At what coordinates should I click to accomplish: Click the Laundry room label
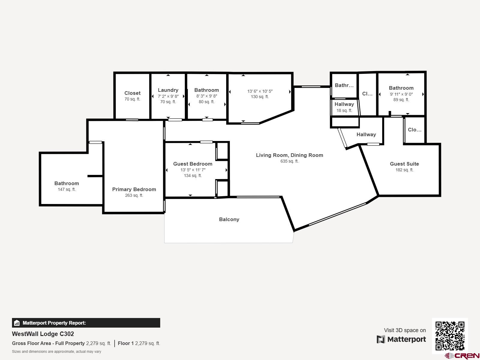pyautogui.click(x=168, y=90)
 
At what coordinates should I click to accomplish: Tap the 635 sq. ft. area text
pyautogui.click(x=289, y=161)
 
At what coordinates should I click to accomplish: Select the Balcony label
pyautogui.click(x=229, y=219)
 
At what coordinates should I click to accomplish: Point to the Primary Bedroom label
pyautogui.click(x=134, y=189)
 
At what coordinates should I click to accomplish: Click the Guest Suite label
pyautogui.click(x=404, y=164)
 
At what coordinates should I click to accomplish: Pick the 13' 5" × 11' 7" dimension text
pyautogui.click(x=193, y=170)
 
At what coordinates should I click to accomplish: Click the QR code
pyautogui.click(x=450, y=336)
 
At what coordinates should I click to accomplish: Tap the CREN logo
pyautogui.click(x=462, y=355)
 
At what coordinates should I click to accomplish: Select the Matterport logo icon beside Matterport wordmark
pyautogui.click(x=381, y=339)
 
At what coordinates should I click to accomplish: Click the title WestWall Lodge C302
pyautogui.click(x=43, y=334)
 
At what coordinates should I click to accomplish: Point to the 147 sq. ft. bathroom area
pyautogui.click(x=67, y=189)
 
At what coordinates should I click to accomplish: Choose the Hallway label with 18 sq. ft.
pyautogui.click(x=344, y=104)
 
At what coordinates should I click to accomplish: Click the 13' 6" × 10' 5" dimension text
pyautogui.click(x=260, y=91)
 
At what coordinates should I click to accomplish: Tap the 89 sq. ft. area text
pyautogui.click(x=401, y=100)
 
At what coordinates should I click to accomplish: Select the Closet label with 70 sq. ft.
pyautogui.click(x=132, y=93)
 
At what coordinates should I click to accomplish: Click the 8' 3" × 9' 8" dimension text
pyautogui.click(x=206, y=96)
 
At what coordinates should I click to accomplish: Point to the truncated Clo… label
pyautogui.click(x=415, y=130)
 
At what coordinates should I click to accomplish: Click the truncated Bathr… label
pyautogui.click(x=344, y=85)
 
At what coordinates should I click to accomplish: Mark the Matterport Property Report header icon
pyautogui.click(x=17, y=323)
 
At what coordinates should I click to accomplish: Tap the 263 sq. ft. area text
pyautogui.click(x=134, y=195)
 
